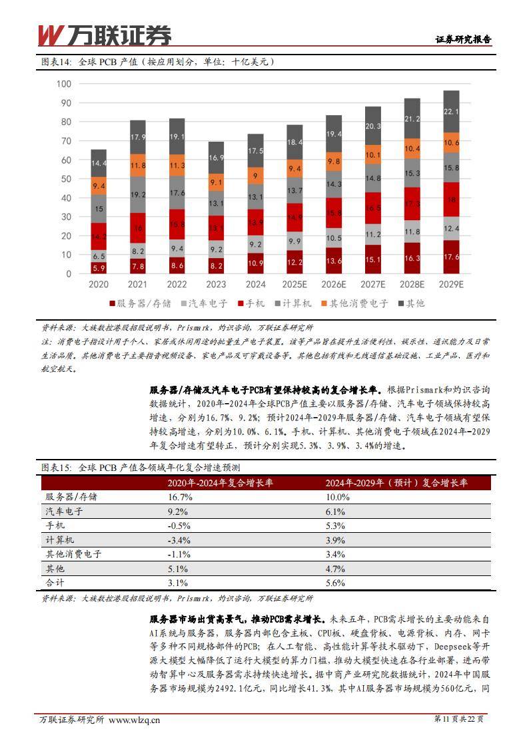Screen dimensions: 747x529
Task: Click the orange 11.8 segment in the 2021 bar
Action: tap(138, 165)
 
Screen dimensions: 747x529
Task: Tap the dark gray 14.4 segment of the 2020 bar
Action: tap(99, 163)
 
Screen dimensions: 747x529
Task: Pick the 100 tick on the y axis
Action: tap(63, 84)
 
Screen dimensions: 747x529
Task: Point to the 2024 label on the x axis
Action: tap(255, 284)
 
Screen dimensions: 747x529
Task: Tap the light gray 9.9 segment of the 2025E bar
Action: tap(294, 241)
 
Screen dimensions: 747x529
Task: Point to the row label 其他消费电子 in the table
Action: tap(73, 554)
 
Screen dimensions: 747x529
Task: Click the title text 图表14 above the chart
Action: tap(55, 62)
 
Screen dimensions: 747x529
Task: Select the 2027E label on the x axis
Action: tap(373, 284)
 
